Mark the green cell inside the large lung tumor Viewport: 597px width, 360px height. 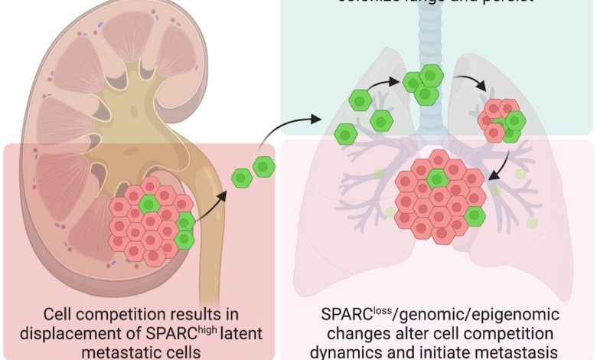(437, 178)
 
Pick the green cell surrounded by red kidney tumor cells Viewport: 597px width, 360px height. (151, 203)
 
